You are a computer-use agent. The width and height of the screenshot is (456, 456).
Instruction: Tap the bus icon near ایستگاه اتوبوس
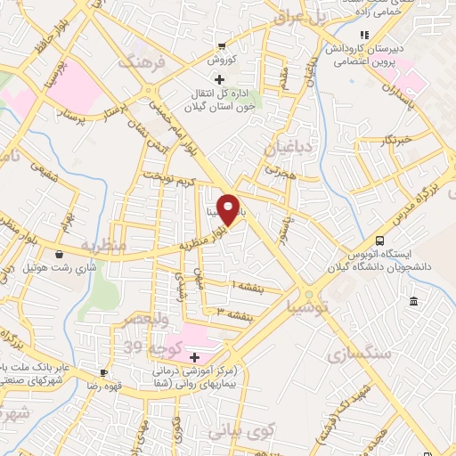point(380,240)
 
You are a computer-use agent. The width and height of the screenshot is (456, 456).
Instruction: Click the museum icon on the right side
point(414,304)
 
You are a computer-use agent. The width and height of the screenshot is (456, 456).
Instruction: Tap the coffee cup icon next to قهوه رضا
point(104,372)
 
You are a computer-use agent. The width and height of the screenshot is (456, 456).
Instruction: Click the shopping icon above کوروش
point(222,46)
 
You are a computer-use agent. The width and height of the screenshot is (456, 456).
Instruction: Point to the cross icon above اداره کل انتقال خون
point(220,78)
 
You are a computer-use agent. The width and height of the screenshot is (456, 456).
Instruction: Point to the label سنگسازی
point(365,354)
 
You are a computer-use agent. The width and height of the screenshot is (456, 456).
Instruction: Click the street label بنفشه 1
point(249,284)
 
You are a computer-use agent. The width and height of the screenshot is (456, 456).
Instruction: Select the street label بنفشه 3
point(235,312)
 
